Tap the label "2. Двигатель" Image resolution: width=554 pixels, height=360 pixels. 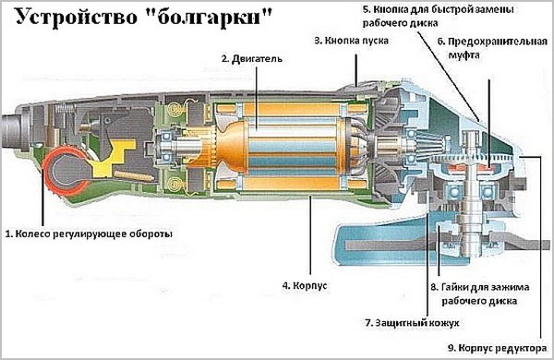tap(252, 59)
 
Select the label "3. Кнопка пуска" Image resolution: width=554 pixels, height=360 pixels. tap(351, 41)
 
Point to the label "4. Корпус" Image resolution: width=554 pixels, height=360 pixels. tap(305, 285)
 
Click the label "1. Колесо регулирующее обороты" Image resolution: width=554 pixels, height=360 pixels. tap(89, 234)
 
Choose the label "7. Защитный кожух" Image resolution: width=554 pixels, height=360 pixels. tap(412, 323)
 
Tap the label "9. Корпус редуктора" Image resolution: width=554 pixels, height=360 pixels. tap(498, 348)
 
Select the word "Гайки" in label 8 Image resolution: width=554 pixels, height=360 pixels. tap(454, 287)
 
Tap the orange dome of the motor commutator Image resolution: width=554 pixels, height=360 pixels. tap(232, 148)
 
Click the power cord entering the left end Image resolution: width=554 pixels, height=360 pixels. tap(10, 130)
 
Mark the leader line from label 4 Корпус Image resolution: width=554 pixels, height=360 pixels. tap(310, 235)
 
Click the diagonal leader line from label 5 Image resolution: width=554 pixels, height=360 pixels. tap(448, 77)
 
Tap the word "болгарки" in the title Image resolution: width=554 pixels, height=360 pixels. tap(209, 18)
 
